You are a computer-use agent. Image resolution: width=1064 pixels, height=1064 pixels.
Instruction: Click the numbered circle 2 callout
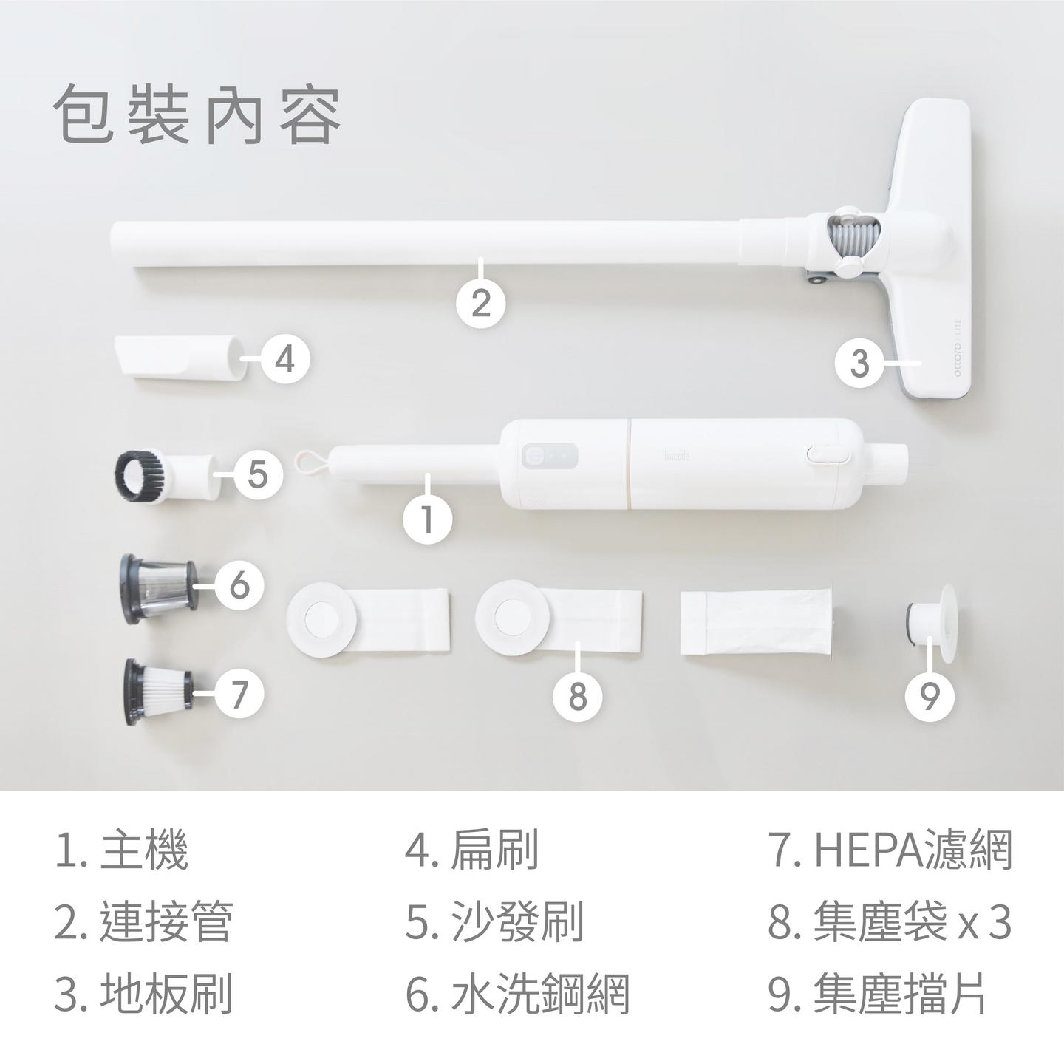pos(481,303)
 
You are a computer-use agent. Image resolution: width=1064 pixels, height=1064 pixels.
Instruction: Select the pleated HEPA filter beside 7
pos(158,692)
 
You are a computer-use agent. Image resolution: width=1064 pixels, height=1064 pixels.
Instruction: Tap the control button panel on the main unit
pos(550,456)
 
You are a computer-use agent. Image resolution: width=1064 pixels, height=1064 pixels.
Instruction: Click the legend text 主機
pos(144,850)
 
